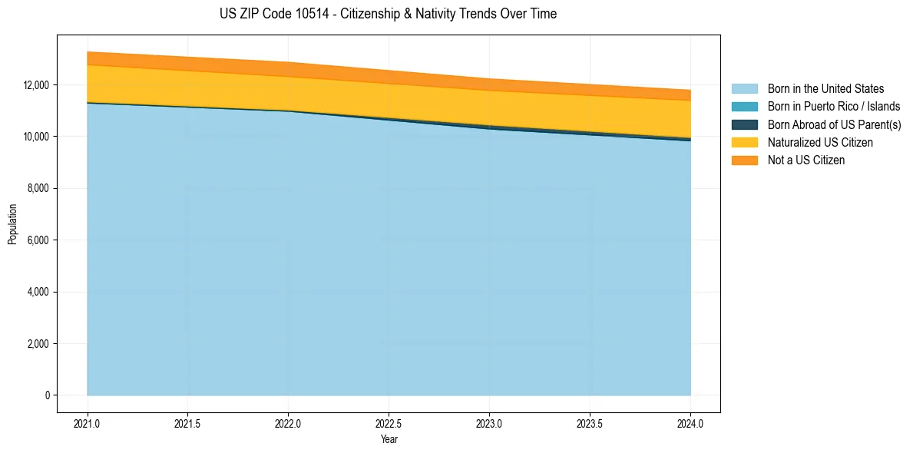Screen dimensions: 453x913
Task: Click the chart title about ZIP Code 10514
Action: point(388,14)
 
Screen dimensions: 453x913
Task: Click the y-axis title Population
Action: point(12,224)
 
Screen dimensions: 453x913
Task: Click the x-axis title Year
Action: point(389,439)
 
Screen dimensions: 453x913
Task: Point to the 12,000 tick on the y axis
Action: point(37,84)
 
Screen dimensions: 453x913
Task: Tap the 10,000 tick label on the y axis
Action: point(37,137)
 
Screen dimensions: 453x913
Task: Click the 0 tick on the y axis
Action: point(48,395)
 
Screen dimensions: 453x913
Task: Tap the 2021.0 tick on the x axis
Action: point(88,423)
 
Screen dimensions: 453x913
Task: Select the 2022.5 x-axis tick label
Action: point(389,423)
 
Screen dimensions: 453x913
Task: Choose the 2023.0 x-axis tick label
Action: point(489,423)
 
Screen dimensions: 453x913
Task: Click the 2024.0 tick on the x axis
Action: point(690,423)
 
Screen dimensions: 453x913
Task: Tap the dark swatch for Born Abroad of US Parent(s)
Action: point(744,124)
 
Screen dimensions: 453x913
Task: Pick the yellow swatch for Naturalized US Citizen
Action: point(744,143)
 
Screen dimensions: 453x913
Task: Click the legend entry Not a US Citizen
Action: point(806,160)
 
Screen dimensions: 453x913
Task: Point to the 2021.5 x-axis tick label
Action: point(188,423)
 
